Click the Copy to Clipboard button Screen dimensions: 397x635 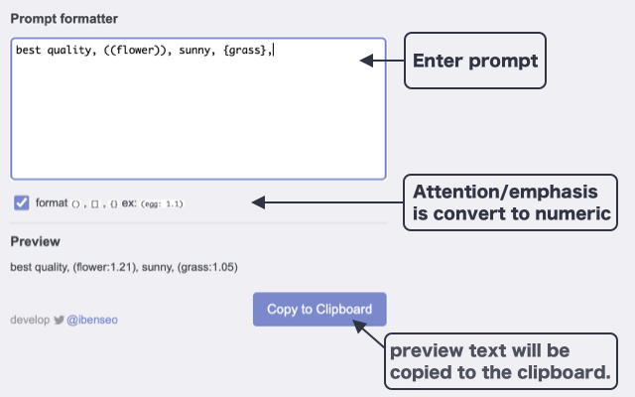(319, 310)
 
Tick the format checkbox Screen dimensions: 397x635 (22, 202)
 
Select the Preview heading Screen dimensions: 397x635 (35, 241)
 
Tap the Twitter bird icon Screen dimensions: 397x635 (60, 321)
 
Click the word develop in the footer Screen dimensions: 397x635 (30, 321)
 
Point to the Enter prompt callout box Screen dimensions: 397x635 (474, 61)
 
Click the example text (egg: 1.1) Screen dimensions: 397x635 (162, 203)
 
